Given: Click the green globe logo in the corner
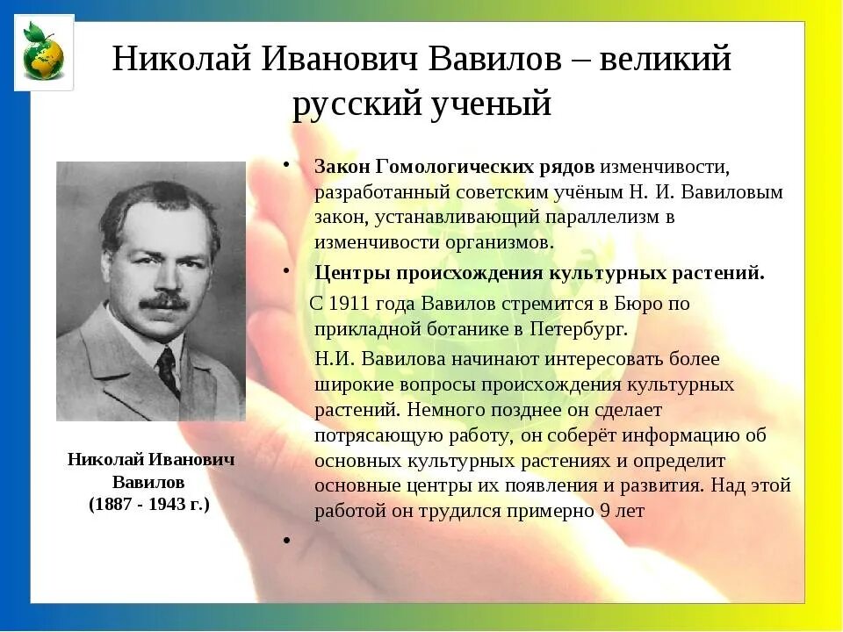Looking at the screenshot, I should coord(43,53).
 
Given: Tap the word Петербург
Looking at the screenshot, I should coord(577,329).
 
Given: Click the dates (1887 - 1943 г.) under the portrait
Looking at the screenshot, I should coord(149,505).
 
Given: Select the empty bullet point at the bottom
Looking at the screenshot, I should coord(286,540).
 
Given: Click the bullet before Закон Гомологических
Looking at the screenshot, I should coord(286,165).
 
